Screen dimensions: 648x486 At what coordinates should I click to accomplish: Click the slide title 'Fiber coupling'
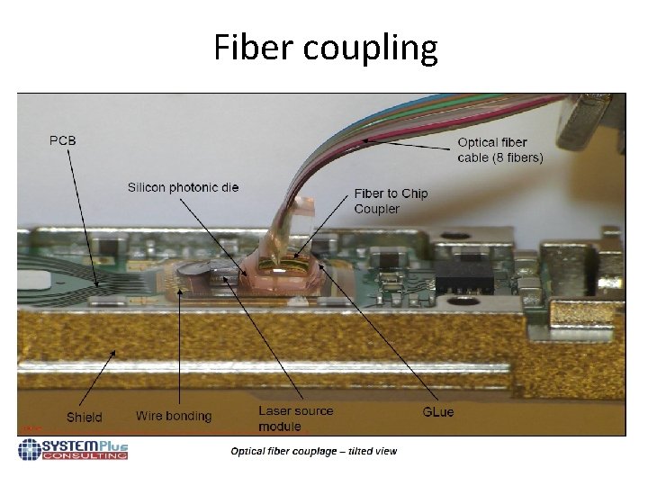coord(325,48)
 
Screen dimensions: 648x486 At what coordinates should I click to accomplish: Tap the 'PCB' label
coord(63,139)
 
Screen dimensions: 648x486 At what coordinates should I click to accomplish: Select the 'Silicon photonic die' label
coord(183,187)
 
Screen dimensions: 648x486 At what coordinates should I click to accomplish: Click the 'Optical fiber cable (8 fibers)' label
coord(500,149)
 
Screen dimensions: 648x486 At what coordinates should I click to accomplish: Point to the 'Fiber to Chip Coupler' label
coord(391,201)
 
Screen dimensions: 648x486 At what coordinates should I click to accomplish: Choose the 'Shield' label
coord(85,417)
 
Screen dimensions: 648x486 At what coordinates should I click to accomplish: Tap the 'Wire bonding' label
coord(174,416)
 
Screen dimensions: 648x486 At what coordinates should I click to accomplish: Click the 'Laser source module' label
coord(295,418)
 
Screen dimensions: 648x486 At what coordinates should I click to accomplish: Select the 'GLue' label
coord(438,411)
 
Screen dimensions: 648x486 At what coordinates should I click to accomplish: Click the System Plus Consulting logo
coord(73,449)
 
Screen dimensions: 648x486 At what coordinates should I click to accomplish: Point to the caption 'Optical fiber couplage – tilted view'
coord(313,451)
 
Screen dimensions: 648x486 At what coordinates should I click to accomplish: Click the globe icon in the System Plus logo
coord(30,449)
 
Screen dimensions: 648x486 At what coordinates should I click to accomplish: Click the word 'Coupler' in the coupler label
coord(376,209)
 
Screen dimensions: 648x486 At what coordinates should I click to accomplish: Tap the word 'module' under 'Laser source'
coord(280,427)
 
